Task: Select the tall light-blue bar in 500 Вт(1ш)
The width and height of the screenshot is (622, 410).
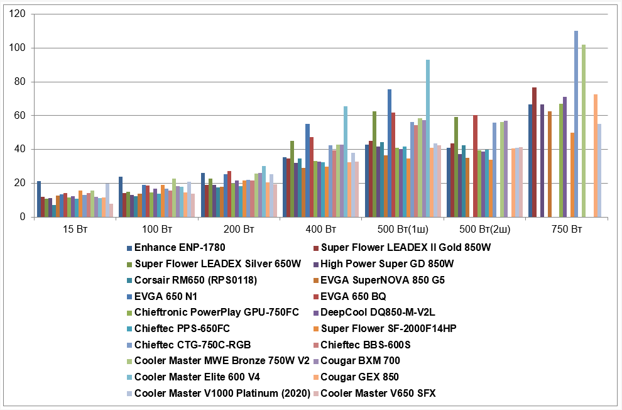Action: [x=428, y=138]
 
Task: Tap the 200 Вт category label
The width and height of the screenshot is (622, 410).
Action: [x=238, y=230]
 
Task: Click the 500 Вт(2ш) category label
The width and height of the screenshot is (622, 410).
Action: [x=484, y=230]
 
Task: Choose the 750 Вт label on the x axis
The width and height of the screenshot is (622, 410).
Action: [x=567, y=230]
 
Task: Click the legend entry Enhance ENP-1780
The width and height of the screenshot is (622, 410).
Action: [x=180, y=248]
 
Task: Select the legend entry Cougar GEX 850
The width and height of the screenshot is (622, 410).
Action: [x=360, y=377]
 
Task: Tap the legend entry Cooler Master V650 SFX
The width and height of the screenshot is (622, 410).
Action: [x=378, y=394]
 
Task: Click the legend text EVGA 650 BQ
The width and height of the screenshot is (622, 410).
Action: [x=353, y=296]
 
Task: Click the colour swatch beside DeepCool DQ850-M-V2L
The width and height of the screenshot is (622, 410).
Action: [x=317, y=313]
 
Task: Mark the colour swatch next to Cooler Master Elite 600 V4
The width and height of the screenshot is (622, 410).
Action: [x=129, y=377]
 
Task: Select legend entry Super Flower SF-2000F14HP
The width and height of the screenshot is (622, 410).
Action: [x=384, y=328]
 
